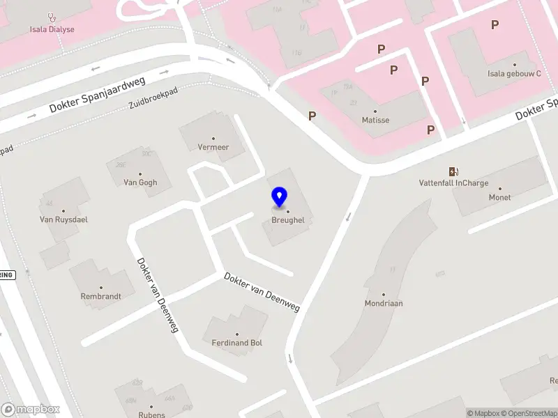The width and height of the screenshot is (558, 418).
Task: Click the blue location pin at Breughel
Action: [x=280, y=196]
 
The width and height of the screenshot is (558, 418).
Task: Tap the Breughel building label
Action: [x=287, y=220]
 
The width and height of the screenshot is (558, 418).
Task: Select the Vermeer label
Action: [x=213, y=147]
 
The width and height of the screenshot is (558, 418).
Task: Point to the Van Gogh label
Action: [x=140, y=183]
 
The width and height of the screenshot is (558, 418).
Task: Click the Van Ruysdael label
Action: [x=63, y=219]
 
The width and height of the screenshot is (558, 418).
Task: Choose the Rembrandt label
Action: [x=101, y=296]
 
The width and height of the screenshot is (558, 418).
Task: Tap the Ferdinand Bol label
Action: [x=236, y=343]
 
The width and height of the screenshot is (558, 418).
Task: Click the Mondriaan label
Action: [x=384, y=303]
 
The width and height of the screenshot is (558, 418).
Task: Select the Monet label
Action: [x=499, y=197]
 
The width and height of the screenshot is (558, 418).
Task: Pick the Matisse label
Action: [x=375, y=120]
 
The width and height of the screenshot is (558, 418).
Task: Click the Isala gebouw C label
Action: [x=514, y=73]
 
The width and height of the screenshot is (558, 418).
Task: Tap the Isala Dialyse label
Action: [x=52, y=29]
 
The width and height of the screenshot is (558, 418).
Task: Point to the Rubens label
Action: [x=151, y=415]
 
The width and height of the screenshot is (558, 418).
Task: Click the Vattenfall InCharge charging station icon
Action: [x=453, y=171]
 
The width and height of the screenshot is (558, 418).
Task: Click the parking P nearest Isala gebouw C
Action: [x=495, y=25]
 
